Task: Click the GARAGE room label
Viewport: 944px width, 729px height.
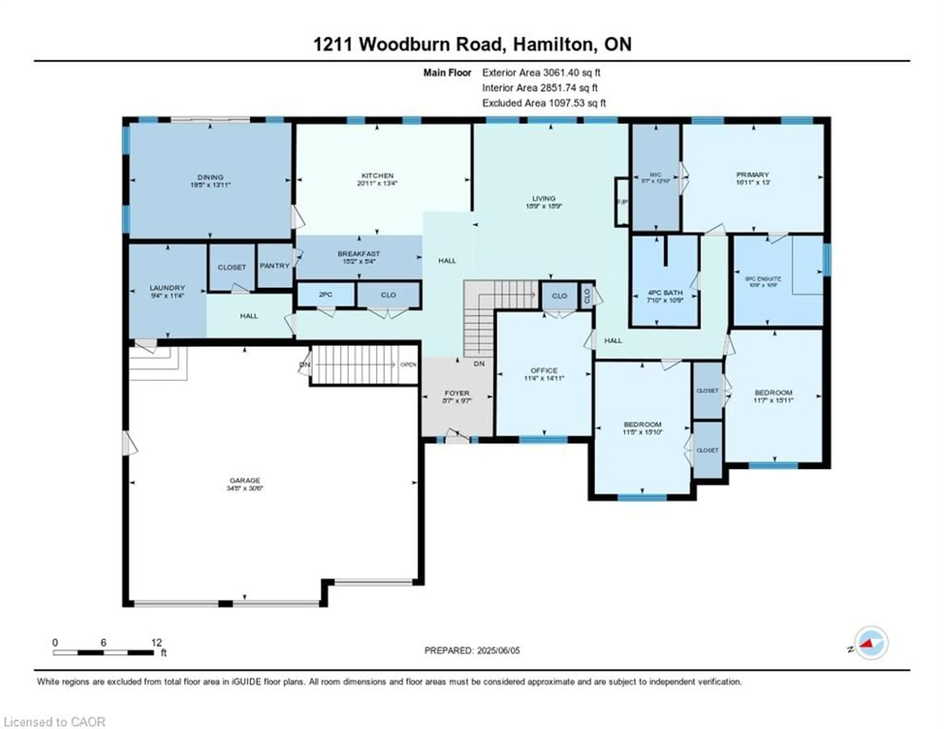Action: point(245,480)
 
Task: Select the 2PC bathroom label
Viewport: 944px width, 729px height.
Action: point(325,295)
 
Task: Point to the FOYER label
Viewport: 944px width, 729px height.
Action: point(457,393)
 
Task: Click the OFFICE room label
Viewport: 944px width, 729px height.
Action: point(544,370)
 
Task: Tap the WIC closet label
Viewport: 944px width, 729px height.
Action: point(655,175)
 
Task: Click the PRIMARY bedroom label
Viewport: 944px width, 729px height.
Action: point(752,175)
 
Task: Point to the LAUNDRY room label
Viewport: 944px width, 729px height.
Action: point(167,288)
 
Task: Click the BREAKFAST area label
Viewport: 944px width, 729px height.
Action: point(359,254)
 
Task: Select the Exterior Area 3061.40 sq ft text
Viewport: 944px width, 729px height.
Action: point(541,72)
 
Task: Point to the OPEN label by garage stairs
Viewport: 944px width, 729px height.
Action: point(408,364)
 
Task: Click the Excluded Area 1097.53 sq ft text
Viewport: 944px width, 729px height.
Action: point(544,103)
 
